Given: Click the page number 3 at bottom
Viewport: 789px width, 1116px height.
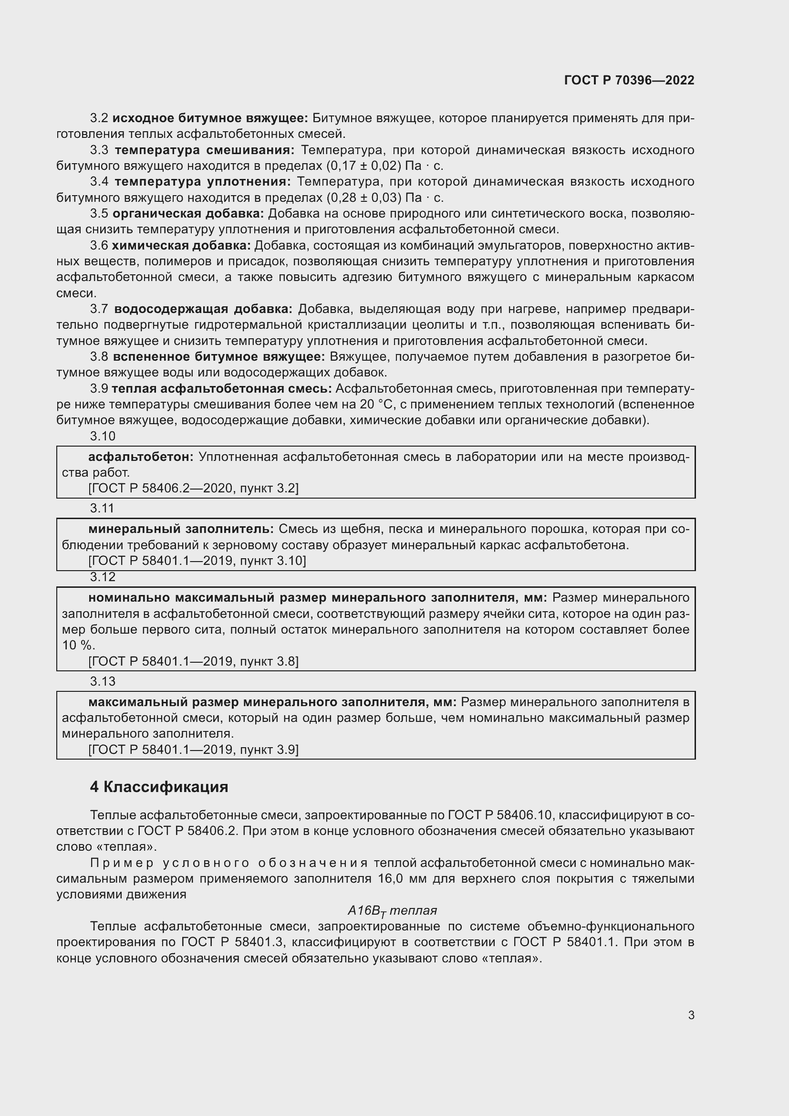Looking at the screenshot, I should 691,1015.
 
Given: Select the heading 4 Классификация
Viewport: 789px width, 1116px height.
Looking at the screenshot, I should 159,787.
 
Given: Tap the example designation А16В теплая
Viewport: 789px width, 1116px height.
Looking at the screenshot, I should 392,910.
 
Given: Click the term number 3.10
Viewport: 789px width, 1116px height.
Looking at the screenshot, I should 103,436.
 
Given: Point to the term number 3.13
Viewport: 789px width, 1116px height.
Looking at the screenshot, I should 103,681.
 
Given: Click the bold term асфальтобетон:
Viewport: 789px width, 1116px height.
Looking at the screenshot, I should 141,457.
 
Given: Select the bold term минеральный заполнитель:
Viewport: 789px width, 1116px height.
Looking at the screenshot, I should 181,529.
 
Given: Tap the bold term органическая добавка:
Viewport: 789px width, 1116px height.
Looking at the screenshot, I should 188,213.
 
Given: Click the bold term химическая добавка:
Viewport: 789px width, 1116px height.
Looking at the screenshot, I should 181,245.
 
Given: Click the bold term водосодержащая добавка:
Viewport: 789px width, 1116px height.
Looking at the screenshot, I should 203,309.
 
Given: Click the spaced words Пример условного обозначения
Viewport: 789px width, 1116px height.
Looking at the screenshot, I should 229,863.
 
